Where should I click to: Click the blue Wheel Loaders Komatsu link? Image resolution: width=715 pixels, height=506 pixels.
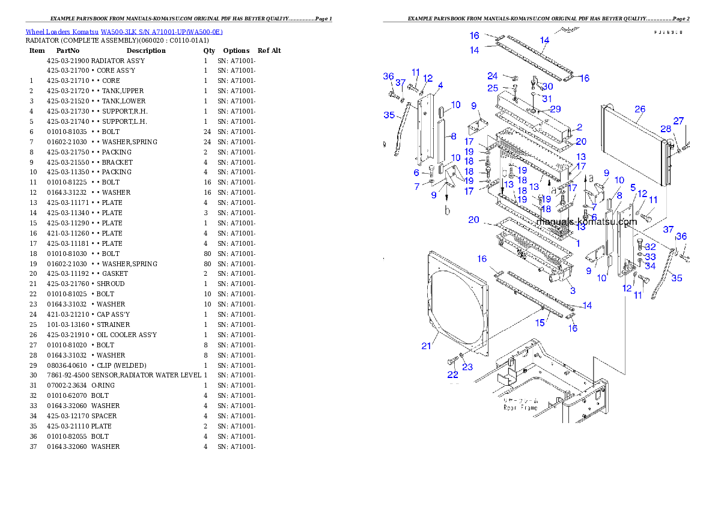point(124,32)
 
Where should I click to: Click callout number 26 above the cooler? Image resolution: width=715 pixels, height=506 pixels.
point(640,109)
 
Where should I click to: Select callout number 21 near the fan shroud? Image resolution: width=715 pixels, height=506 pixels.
point(426,346)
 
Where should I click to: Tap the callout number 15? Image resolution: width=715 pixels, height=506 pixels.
point(540,323)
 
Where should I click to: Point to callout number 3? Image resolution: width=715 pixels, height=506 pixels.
point(573,291)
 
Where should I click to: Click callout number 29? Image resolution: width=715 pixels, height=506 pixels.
point(555,109)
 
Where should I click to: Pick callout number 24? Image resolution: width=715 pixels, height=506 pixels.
point(492,76)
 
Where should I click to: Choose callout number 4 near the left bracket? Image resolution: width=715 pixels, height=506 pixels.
point(440,85)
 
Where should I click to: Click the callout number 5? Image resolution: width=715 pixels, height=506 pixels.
point(632,187)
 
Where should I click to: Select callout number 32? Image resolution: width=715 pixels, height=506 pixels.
point(650,247)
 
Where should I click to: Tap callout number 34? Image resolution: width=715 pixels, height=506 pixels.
point(650,266)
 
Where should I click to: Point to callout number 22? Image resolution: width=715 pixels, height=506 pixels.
point(452,375)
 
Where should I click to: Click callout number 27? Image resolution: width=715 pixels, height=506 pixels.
point(678,121)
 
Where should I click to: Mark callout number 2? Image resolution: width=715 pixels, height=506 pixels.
point(579,127)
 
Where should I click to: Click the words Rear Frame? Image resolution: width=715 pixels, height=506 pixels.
point(522,407)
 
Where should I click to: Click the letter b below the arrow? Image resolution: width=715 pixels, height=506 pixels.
point(446,210)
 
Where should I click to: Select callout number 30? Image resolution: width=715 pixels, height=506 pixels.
point(547,87)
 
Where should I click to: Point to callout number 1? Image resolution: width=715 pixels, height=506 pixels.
point(577,243)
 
